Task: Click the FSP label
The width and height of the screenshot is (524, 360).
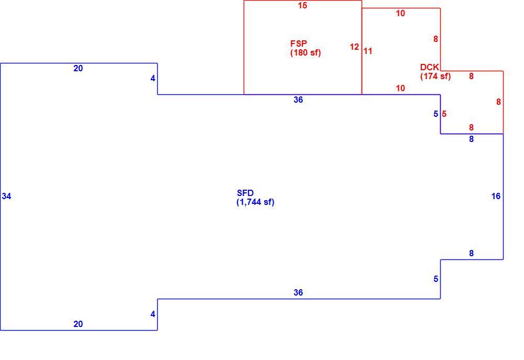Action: (299, 43)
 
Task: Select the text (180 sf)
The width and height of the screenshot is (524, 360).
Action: (305, 53)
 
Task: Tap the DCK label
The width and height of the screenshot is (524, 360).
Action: (430, 67)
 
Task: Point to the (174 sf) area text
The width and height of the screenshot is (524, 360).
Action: (435, 76)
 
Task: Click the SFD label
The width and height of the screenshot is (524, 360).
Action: (245, 193)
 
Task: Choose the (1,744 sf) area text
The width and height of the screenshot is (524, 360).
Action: (255, 202)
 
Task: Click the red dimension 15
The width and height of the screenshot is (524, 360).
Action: (302, 6)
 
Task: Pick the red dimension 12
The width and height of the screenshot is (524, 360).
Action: (354, 47)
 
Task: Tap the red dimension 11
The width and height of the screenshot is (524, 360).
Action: (368, 51)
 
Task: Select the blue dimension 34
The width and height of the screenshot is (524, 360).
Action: (6, 196)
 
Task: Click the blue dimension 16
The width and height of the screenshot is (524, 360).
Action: (496, 196)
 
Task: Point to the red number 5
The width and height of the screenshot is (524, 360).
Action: (444, 114)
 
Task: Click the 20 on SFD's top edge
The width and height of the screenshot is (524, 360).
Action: (78, 69)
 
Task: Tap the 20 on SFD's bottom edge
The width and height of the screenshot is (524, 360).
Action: (78, 324)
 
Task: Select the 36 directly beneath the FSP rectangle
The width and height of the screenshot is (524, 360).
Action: (298, 100)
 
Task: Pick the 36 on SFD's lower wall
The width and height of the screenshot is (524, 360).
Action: (298, 293)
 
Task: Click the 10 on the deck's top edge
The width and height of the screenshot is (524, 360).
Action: (400, 14)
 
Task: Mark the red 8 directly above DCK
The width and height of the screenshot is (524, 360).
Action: (435, 39)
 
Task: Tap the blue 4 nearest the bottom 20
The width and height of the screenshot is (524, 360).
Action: (152, 314)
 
